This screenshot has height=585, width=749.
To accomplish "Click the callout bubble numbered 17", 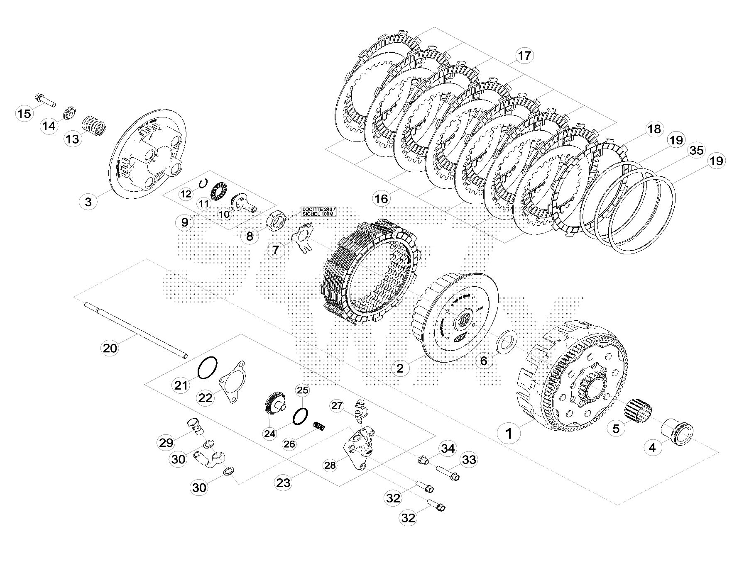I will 524,56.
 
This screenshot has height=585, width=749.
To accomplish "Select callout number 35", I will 696,150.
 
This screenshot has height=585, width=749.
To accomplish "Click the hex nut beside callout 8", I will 275,219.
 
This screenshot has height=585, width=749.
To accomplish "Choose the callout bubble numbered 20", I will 110,348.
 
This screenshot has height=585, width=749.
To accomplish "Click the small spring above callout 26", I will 318,426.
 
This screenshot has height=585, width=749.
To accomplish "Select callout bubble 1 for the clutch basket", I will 509,434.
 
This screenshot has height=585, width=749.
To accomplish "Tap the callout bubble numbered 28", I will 330,466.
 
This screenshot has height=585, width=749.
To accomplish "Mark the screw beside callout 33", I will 448,473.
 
